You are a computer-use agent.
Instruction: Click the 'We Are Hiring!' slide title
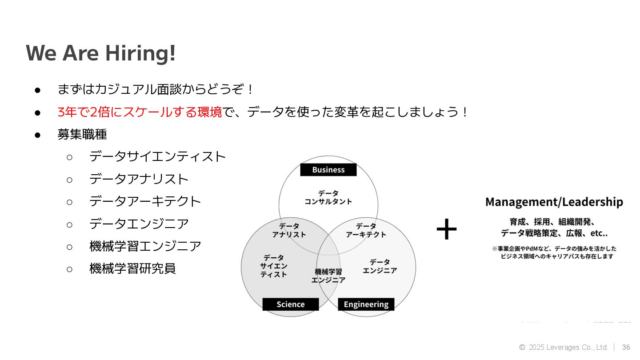(101, 53)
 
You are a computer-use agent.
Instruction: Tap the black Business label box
(328, 170)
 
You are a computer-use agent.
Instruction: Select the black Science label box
(290, 304)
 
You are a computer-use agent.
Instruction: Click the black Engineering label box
(366, 304)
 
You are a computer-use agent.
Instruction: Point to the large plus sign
(446, 229)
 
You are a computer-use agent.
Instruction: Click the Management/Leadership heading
(554, 202)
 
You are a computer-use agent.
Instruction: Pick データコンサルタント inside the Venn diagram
(328, 197)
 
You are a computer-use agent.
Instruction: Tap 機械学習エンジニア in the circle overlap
(328, 276)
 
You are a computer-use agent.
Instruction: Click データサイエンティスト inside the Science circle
(274, 266)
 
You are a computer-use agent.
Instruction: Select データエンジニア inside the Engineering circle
(380, 266)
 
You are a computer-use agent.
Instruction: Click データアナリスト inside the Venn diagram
(289, 230)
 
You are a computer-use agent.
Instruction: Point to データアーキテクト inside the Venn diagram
(366, 230)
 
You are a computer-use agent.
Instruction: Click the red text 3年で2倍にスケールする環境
(140, 112)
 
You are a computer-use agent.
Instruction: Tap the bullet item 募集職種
(82, 134)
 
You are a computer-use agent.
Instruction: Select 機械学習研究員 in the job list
(132, 268)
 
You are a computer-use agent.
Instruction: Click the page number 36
(626, 347)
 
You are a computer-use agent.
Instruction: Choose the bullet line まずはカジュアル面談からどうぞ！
(156, 89)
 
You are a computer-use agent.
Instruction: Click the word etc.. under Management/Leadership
(599, 233)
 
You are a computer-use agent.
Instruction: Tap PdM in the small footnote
(531, 248)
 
